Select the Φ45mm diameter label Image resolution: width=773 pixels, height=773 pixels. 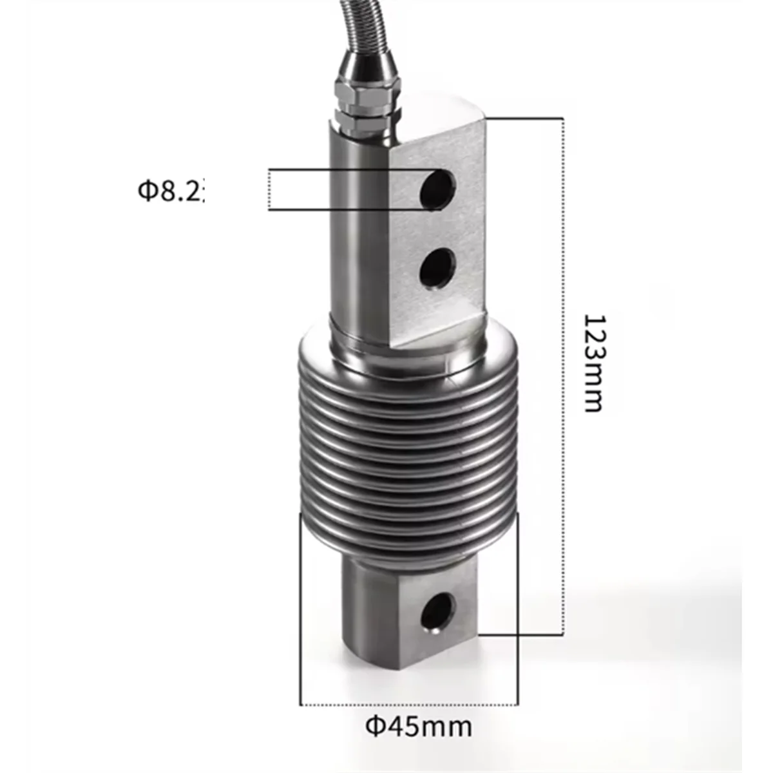tap(419, 727)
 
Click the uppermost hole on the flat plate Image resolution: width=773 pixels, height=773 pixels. tap(438, 187)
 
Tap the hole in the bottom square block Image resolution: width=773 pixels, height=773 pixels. tap(439, 609)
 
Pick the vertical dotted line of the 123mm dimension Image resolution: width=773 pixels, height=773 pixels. tap(564, 374)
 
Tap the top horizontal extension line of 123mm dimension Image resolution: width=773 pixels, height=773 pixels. tap(525, 118)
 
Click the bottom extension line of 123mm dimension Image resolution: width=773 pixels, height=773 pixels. tap(522, 634)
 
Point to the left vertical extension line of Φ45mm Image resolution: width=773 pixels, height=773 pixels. tap(301, 612)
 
